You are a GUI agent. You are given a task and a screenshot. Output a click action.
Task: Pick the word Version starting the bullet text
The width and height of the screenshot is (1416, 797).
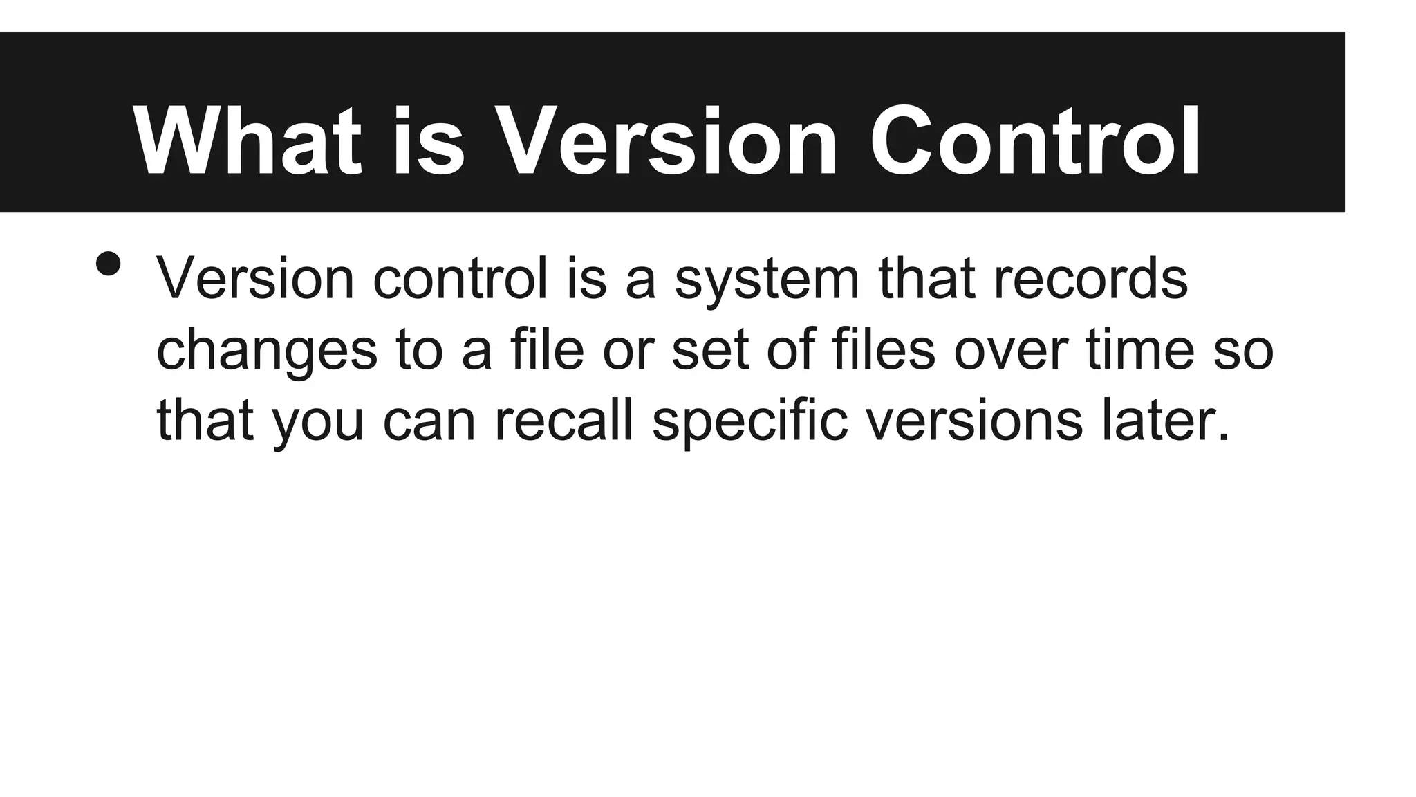pyautogui.click(x=255, y=278)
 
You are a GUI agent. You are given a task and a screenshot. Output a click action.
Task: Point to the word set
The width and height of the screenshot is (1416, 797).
pyautogui.click(x=710, y=349)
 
